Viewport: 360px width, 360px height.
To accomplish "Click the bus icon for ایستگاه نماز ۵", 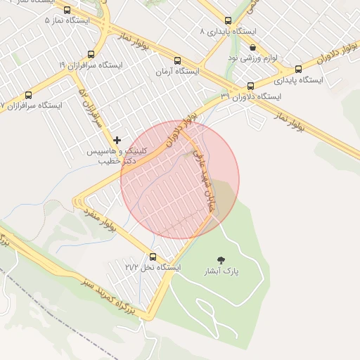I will [67, 11].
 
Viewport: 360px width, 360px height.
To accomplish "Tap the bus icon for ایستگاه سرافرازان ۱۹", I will [91, 54].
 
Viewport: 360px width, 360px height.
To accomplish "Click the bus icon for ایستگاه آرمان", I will [176, 60].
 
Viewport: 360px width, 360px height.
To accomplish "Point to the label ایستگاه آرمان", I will [176, 72].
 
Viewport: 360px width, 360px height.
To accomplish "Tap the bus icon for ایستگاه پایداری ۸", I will [227, 21].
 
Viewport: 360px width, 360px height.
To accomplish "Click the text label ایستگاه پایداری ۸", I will [226, 32].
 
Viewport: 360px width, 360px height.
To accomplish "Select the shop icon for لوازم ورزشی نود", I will [252, 47].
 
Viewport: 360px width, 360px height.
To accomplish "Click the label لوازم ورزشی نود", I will [252, 58].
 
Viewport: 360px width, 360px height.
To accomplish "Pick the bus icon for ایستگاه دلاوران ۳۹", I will [250, 86].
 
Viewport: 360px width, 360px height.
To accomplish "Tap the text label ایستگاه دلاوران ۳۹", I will [250, 97].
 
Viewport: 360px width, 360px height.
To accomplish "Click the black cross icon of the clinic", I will [117, 140].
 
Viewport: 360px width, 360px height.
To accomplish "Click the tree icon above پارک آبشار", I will [222, 260].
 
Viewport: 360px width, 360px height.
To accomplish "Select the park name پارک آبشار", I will [222, 271].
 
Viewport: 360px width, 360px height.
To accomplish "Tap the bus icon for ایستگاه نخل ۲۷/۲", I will [153, 257].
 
